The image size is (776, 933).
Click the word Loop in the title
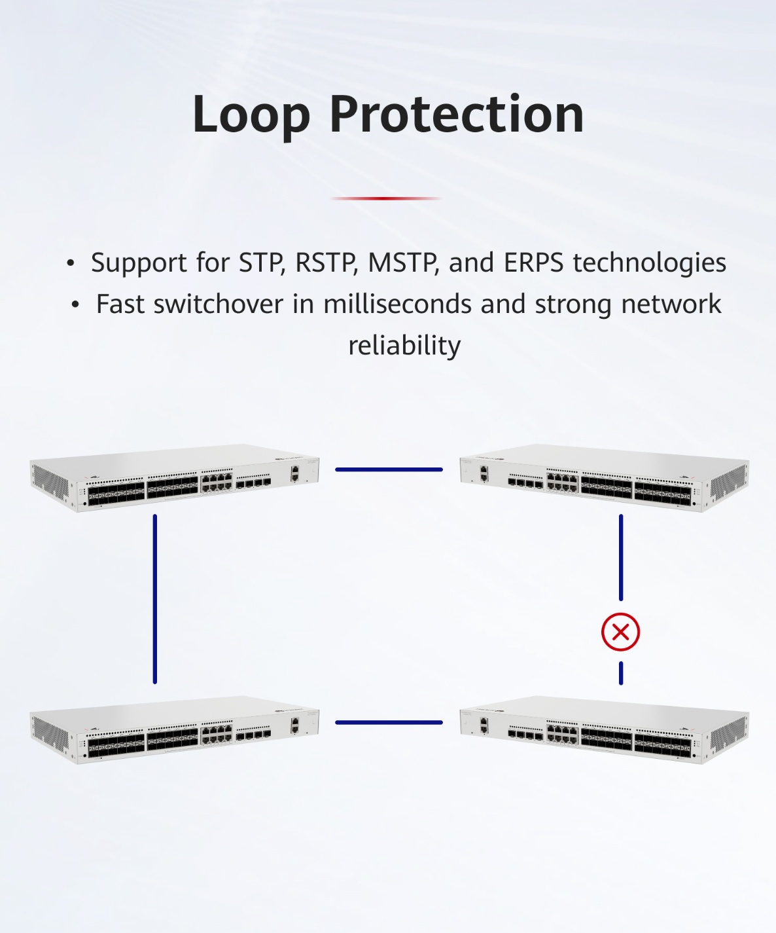(x=251, y=115)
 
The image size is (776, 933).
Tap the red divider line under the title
(x=386, y=198)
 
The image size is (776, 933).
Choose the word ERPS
(x=533, y=263)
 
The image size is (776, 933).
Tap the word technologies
(x=650, y=263)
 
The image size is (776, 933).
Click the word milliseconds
(x=397, y=304)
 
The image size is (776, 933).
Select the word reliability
(x=404, y=346)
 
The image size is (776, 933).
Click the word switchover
(x=219, y=304)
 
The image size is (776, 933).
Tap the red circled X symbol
(x=621, y=632)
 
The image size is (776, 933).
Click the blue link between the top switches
(x=389, y=469)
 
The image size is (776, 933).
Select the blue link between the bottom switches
(x=389, y=723)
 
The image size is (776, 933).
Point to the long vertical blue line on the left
(x=155, y=599)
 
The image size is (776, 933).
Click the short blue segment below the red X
(x=621, y=673)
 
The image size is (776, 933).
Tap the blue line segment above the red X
(x=621, y=558)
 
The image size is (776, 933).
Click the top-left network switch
(x=175, y=478)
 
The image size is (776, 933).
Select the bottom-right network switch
(x=605, y=729)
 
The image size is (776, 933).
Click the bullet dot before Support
(x=70, y=263)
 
